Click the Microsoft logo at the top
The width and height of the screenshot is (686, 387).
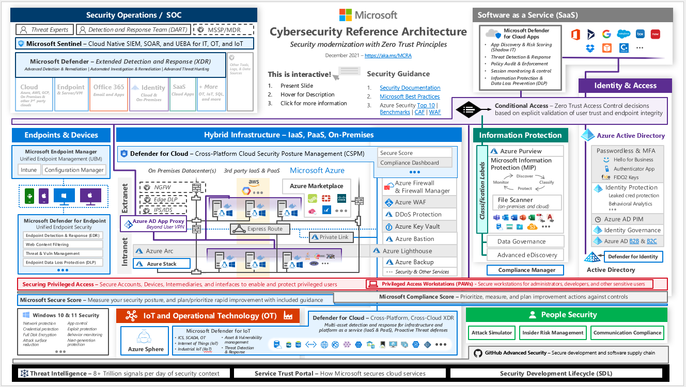click(x=368, y=15)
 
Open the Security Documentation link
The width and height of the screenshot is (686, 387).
click(x=410, y=88)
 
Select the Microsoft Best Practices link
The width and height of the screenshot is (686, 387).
click(x=409, y=96)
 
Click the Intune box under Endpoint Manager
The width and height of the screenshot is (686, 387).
click(x=29, y=170)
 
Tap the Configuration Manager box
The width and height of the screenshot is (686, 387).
click(x=74, y=170)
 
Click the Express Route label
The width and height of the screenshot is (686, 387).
click(x=264, y=229)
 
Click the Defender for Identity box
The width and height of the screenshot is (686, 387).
click(x=633, y=256)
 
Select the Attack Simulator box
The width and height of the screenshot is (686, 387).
click(x=492, y=333)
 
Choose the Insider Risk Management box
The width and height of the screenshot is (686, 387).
click(x=553, y=333)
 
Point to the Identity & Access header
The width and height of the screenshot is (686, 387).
click(x=625, y=86)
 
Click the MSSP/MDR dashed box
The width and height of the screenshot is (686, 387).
click(x=223, y=30)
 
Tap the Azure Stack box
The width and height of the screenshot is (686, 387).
click(x=161, y=264)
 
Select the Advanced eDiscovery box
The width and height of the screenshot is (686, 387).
click(x=526, y=255)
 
